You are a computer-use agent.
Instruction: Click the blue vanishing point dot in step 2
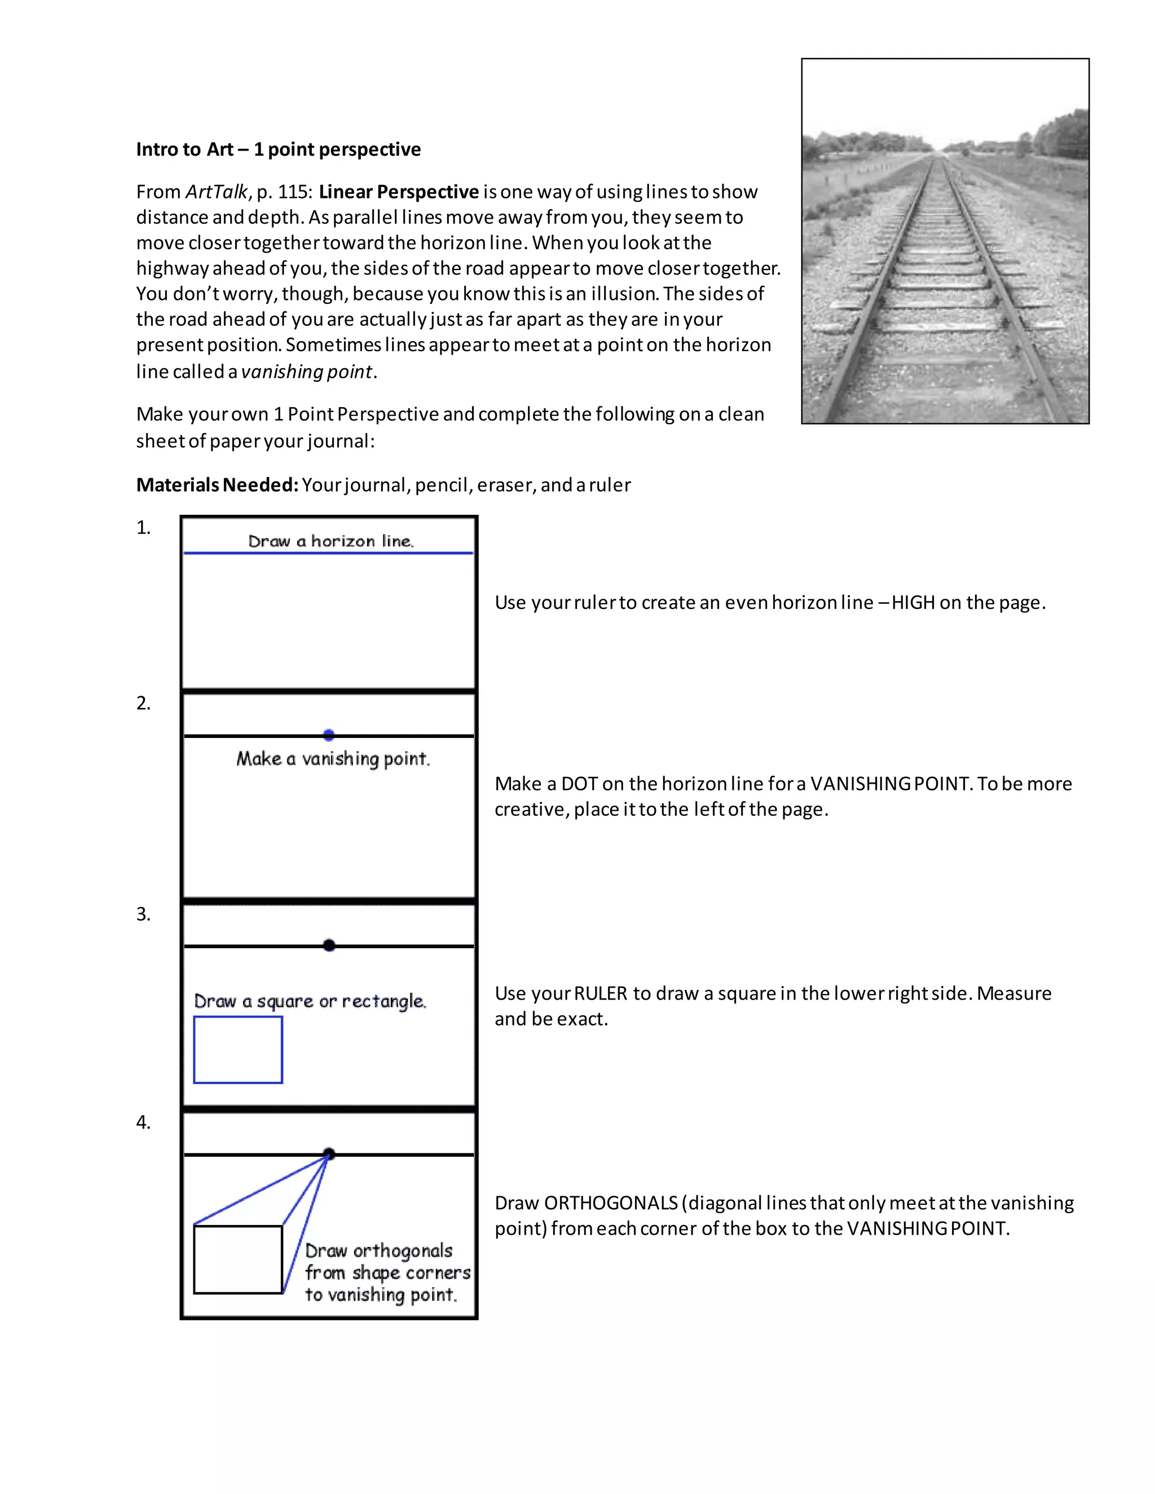click(x=328, y=735)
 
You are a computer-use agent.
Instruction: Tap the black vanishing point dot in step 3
click(x=329, y=945)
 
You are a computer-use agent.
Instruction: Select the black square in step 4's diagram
click(x=238, y=1259)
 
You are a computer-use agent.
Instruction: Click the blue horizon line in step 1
click(x=328, y=552)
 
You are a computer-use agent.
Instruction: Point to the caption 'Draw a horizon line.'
click(x=330, y=541)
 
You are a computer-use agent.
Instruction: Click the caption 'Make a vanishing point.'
click(x=333, y=759)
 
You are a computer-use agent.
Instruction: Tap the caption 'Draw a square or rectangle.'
click(x=310, y=1001)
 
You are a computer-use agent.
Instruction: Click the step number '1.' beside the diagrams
click(x=143, y=528)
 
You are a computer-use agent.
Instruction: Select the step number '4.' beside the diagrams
click(x=143, y=1122)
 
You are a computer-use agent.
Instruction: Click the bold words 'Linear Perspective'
click(x=398, y=192)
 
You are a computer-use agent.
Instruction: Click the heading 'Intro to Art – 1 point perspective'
click(x=279, y=149)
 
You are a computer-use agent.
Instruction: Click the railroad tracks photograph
click(x=945, y=241)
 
